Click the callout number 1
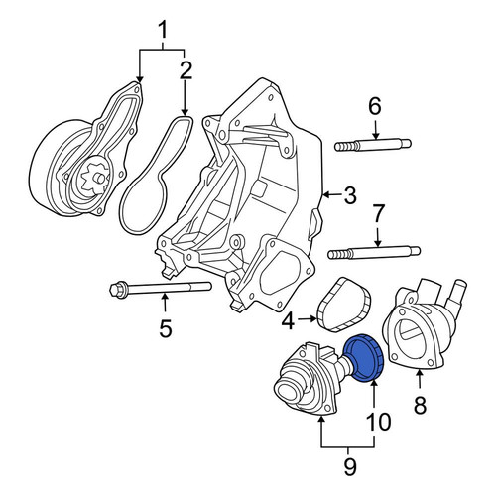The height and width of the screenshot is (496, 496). [x=163, y=32]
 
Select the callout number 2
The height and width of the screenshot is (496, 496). [x=186, y=70]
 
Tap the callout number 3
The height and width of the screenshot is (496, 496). [x=350, y=195]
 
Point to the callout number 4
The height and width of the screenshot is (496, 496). [x=289, y=321]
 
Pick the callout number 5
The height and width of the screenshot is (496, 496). [x=165, y=328]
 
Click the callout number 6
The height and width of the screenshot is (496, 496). [x=375, y=106]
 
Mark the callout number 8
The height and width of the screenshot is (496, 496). [x=420, y=405]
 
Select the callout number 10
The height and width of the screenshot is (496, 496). [x=378, y=422]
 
